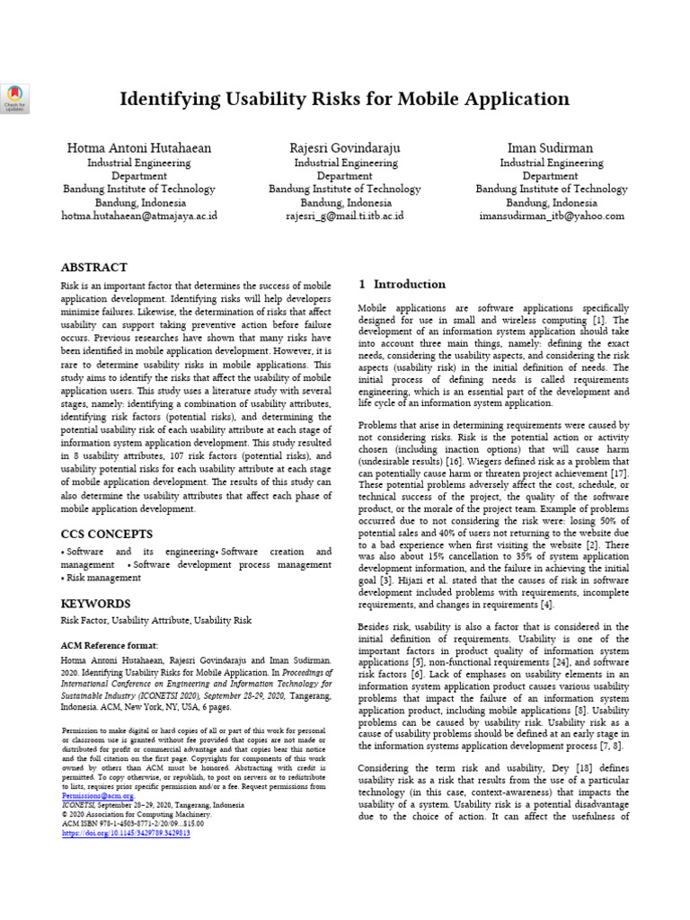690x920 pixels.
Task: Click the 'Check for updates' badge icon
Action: [16, 99]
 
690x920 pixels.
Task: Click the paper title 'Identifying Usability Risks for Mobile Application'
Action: [344, 99]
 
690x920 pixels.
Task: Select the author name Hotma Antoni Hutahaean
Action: [138, 147]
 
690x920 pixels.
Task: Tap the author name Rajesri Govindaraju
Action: [344, 147]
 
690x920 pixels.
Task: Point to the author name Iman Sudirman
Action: [551, 147]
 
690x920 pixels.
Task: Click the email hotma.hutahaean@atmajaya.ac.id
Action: [138, 216]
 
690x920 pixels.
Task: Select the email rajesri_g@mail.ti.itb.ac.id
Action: [344, 216]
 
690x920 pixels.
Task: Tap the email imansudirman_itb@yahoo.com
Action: [551, 216]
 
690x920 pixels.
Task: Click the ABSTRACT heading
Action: [93, 268]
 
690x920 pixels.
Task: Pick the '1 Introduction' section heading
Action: [402, 284]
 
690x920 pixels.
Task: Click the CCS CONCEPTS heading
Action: [106, 534]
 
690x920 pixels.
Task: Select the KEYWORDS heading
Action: [95, 604]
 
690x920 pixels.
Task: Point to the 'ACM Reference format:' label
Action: [109, 645]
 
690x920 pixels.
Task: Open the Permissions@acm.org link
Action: [97, 795]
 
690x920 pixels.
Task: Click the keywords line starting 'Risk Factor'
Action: [155, 621]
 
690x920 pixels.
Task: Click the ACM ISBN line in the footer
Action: [132, 822]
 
